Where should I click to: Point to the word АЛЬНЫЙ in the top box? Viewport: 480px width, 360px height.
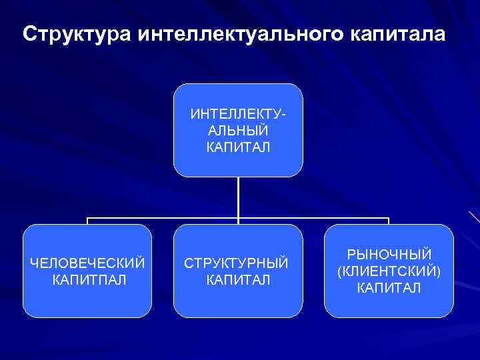pos(238,130)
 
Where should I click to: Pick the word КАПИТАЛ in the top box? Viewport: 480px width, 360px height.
pos(238,147)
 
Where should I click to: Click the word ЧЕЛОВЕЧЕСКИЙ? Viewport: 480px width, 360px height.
pos(88,263)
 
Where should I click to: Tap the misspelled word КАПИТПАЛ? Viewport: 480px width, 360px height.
pos(88,279)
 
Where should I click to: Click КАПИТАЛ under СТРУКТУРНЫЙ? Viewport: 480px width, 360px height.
pos(238,279)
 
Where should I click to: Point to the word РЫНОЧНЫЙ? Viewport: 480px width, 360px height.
pos(389,255)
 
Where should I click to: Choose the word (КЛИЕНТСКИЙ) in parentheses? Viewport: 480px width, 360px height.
pos(389,271)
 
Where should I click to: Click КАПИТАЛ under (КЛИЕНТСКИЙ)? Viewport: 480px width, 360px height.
pos(389,288)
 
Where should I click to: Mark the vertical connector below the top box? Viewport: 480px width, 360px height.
pos(238,197)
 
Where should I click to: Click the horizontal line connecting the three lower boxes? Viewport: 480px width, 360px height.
pos(167,218)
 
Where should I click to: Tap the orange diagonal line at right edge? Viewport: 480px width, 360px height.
pos(474,216)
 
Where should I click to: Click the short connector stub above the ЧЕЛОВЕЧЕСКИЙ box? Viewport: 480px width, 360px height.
pos(88,221)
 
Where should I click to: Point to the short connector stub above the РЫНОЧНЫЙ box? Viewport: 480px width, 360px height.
pos(389,221)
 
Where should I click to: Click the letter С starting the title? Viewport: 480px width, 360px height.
pos(29,33)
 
